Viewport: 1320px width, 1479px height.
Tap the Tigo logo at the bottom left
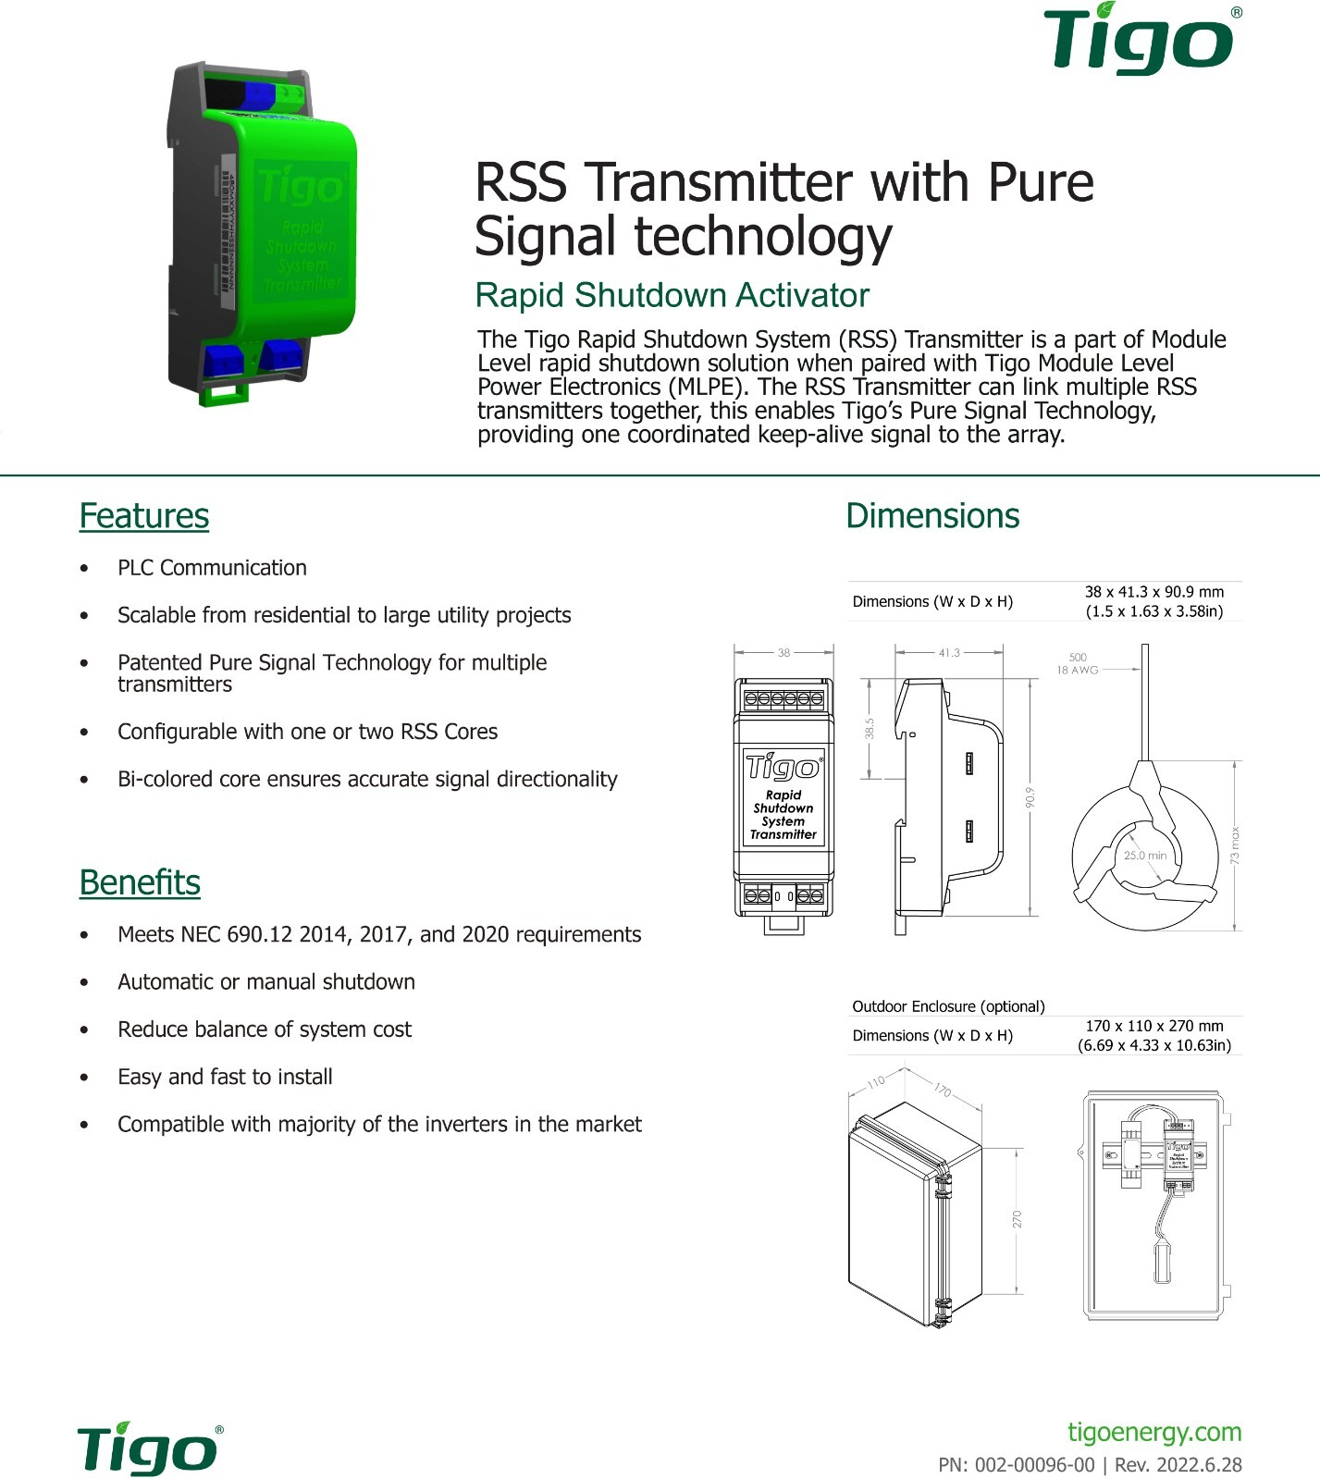[148, 1449]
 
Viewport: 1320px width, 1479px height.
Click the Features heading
[144, 516]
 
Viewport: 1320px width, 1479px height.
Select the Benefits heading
[140, 882]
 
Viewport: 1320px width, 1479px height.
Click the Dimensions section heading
[932, 516]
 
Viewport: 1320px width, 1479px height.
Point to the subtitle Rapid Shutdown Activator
[672, 295]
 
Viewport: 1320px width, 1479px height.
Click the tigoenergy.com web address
[1154, 1432]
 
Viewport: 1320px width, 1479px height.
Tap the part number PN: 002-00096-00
[1016, 1465]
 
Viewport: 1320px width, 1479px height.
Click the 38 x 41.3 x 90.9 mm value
[1153, 592]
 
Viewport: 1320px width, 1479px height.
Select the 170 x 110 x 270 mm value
[1153, 1026]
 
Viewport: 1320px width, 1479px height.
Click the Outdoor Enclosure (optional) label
[948, 1006]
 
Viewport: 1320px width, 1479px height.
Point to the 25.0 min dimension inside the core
[1144, 856]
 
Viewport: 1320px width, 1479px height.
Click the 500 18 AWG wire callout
[1078, 663]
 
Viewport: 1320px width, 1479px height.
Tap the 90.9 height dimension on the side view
[1030, 797]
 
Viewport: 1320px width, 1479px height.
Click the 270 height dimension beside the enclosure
[1018, 1219]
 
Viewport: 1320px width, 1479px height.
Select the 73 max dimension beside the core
[1235, 845]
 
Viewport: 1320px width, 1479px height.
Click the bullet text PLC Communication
[212, 568]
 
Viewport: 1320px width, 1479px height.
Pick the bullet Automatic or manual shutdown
[266, 982]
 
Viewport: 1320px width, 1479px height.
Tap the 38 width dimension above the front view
[783, 653]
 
